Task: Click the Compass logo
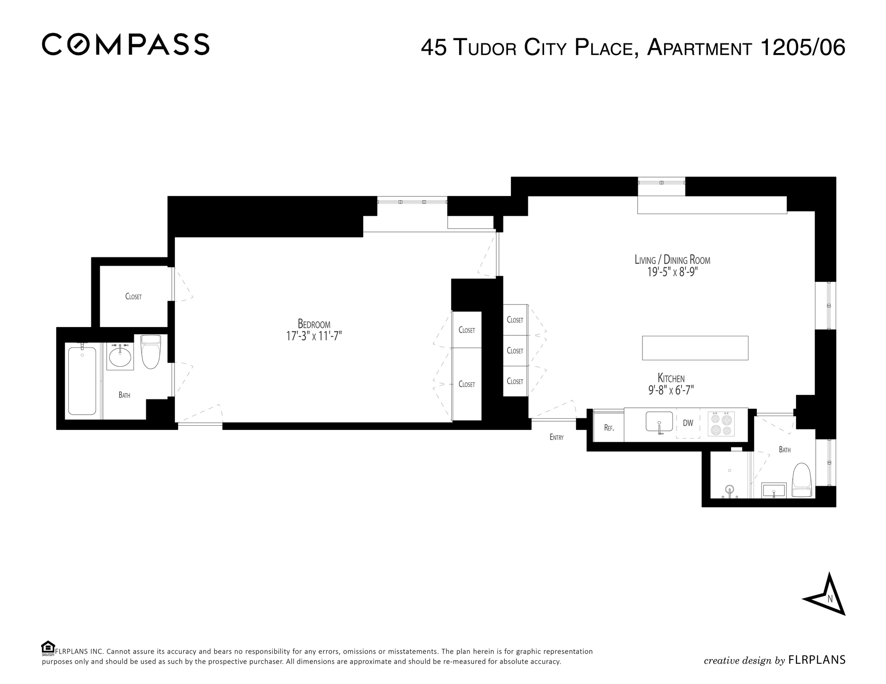pos(126,44)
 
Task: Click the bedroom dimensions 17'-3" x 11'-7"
pos(314,336)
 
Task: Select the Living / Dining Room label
pos(672,260)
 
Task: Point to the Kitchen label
pos(671,378)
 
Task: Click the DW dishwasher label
pos(688,423)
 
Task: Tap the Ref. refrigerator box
pos(608,425)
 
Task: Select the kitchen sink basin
pos(659,421)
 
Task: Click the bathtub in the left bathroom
pos(82,381)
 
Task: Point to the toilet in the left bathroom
pos(150,351)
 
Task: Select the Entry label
pos(557,437)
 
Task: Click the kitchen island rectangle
pos(695,348)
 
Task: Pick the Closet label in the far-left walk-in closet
pos(133,297)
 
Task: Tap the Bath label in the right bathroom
pos(784,450)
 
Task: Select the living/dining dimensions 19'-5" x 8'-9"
pos(671,272)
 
